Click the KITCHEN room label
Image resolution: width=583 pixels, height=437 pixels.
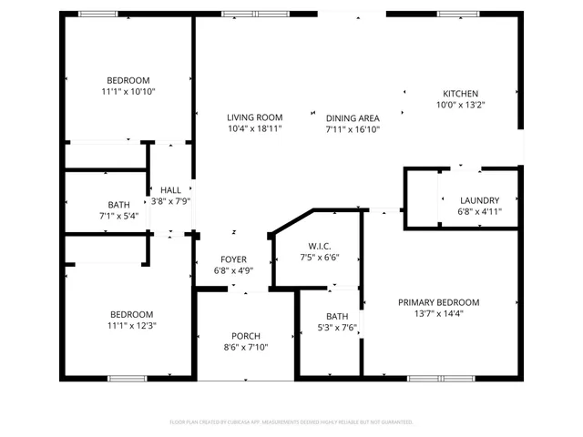click(x=460, y=94)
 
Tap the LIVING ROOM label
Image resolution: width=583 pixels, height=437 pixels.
click(x=254, y=117)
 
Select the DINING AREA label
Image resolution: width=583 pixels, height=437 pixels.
click(x=353, y=117)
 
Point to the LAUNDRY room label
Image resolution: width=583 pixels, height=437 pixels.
click(x=479, y=200)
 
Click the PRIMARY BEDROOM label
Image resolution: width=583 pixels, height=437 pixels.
click(x=438, y=302)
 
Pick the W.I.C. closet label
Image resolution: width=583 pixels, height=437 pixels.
click(x=318, y=246)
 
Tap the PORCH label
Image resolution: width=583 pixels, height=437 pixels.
click(x=246, y=335)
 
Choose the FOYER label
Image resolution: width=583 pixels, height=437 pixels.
click(x=233, y=259)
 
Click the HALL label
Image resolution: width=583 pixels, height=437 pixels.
click(x=170, y=189)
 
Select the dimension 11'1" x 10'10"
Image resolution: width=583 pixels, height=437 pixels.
click(x=128, y=92)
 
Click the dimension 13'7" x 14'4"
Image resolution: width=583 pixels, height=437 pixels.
click(x=438, y=314)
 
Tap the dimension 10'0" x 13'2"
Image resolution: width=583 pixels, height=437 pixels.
click(x=460, y=105)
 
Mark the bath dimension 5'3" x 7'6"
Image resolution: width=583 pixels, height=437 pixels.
click(x=337, y=328)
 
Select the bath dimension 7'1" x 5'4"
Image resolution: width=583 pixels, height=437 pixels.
click(x=119, y=217)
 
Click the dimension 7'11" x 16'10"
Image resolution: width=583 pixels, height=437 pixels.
click(x=353, y=129)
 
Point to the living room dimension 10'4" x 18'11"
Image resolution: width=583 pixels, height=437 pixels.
click(x=254, y=129)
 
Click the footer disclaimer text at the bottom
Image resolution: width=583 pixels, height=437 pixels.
click(x=291, y=422)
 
